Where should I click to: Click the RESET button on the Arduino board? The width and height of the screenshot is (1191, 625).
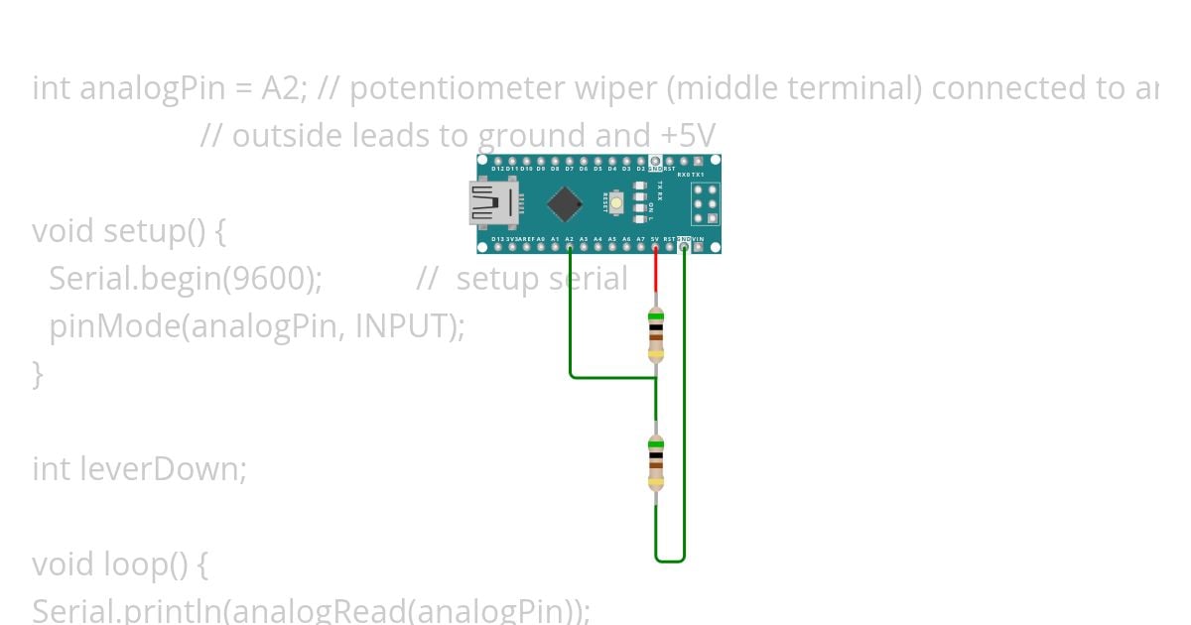(616, 203)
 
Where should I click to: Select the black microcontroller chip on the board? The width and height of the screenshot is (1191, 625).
(564, 203)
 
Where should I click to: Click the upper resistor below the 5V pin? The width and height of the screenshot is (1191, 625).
(655, 334)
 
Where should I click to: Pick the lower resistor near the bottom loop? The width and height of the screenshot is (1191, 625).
(655, 463)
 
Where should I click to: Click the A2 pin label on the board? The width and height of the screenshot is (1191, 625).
(569, 240)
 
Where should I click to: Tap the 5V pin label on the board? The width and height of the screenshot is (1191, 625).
(655, 240)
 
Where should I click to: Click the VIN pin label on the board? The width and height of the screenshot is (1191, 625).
(698, 240)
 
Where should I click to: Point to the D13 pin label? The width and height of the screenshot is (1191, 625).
(497, 240)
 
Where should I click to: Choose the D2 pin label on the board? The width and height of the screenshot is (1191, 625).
(640, 169)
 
